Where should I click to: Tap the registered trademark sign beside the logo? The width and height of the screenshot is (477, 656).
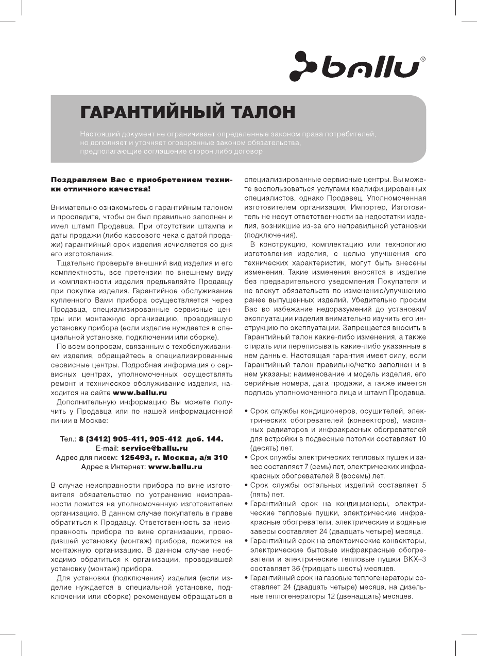(x=423, y=60)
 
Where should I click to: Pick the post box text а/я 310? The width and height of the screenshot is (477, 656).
(x=213, y=457)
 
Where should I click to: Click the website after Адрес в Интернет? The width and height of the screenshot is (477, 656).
(x=175, y=467)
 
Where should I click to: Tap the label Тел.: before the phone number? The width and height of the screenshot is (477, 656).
(x=68, y=439)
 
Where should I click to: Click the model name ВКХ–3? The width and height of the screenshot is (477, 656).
(x=413, y=559)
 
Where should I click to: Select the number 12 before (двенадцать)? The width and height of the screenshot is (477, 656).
(x=332, y=596)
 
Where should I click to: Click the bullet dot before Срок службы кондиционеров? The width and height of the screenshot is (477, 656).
(x=246, y=412)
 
